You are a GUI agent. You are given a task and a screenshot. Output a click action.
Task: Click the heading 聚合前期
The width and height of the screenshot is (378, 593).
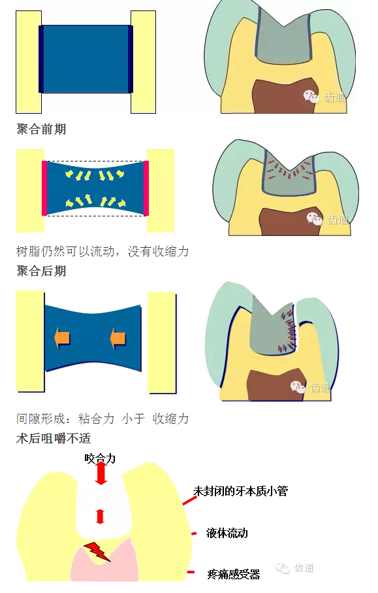pyautogui.click(x=41, y=129)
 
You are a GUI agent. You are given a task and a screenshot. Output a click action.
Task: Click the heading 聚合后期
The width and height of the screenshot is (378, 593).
pyautogui.click(x=41, y=271)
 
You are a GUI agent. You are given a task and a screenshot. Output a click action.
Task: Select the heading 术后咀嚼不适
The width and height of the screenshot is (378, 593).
pyautogui.click(x=54, y=438)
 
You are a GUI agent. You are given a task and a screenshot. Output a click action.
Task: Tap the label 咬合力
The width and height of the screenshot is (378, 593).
pyautogui.click(x=100, y=458)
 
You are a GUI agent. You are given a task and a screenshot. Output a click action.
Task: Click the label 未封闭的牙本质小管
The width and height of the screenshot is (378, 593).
pyautogui.click(x=240, y=490)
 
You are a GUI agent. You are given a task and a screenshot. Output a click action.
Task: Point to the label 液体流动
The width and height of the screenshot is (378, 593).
pyautogui.click(x=227, y=534)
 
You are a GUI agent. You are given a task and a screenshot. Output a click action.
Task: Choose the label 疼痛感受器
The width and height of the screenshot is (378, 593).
pyautogui.click(x=233, y=575)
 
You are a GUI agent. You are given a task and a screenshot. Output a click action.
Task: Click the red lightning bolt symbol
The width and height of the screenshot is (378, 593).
pyautogui.click(x=97, y=551)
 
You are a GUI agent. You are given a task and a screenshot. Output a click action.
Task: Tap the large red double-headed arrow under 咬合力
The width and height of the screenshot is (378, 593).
pyautogui.click(x=100, y=474)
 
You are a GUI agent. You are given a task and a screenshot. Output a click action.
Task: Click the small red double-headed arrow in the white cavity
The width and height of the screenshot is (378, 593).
pyautogui.click(x=100, y=517)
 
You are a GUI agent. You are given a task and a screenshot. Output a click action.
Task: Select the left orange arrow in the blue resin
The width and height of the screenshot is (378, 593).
pyautogui.click(x=62, y=338)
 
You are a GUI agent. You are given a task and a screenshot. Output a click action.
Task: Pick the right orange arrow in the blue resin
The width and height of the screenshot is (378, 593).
pyautogui.click(x=118, y=338)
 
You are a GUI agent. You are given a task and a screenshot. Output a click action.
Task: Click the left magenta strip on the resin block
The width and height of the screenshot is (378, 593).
pyautogui.click(x=44, y=188)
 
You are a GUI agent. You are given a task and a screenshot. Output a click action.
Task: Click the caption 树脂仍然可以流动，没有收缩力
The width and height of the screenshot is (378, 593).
pyautogui.click(x=102, y=251)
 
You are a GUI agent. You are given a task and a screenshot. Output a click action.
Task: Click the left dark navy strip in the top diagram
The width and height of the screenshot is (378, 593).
pyautogui.click(x=42, y=59)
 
